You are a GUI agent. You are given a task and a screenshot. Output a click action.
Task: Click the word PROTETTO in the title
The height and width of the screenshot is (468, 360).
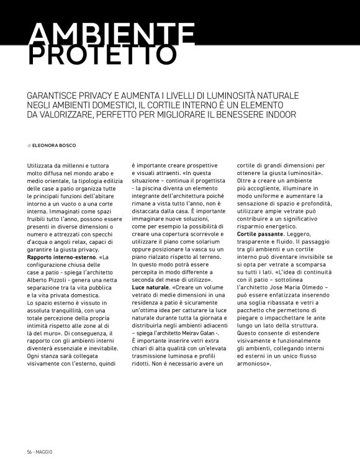click(x=102, y=55)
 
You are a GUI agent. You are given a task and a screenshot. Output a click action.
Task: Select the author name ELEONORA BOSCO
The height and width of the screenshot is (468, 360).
click(x=54, y=145)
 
